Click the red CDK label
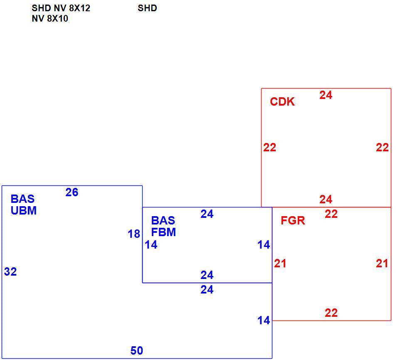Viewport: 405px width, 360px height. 282,102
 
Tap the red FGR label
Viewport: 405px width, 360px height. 293,221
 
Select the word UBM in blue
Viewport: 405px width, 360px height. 24,211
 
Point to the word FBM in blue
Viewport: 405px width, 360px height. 163,232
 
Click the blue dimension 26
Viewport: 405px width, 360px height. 72,192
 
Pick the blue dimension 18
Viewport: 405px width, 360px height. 134,234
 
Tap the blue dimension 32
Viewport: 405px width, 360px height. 10,272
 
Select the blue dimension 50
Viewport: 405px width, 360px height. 137,351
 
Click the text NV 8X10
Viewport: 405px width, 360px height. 50,19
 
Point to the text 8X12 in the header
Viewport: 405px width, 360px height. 79,8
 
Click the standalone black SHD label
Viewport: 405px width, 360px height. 147,8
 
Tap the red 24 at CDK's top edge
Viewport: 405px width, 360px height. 326,95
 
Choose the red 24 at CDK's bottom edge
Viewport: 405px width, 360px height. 326,200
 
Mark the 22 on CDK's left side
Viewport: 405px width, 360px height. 270,148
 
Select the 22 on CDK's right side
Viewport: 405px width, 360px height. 382,148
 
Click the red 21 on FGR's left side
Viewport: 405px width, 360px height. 280,264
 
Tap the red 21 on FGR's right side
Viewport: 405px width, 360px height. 382,264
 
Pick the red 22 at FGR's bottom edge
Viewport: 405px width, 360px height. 331,313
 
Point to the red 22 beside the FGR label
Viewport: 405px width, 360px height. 331,214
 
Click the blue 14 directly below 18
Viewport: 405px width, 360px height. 151,245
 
